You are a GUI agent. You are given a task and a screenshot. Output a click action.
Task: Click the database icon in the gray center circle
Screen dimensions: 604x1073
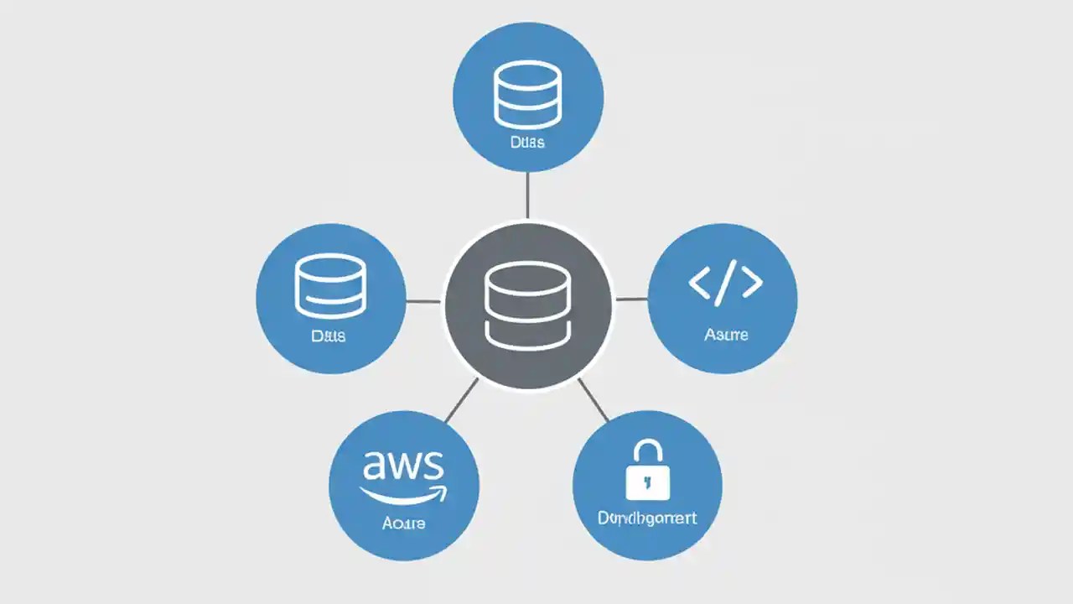(527, 304)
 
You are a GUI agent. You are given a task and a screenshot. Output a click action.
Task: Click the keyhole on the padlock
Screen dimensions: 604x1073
(647, 482)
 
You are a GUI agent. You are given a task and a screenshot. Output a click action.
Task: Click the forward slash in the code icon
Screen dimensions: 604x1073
(725, 282)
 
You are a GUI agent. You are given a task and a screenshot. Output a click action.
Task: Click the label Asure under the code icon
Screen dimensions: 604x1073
(726, 335)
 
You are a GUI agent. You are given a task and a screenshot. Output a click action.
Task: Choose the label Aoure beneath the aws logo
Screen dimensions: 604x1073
(403, 523)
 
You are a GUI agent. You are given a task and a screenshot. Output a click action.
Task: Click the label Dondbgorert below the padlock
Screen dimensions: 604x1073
(647, 518)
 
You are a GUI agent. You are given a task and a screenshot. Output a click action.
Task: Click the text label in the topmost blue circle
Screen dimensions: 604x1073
(527, 142)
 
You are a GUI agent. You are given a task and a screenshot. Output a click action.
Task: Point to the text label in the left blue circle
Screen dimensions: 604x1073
(329, 336)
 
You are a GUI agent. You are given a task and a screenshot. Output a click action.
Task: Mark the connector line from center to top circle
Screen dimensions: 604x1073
(527, 195)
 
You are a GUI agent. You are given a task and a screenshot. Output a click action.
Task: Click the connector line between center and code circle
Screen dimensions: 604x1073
(631, 299)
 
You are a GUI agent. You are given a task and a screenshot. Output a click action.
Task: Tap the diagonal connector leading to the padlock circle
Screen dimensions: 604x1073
(593, 399)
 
